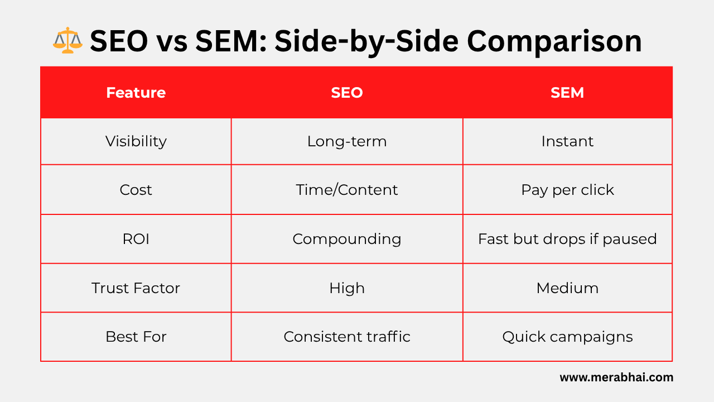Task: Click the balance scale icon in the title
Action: (67, 40)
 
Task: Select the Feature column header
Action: (136, 93)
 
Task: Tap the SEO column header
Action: (346, 93)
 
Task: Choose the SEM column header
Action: (567, 93)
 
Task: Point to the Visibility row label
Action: (136, 141)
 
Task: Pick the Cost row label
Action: (136, 190)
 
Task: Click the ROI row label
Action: (136, 239)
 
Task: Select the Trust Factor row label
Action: (136, 288)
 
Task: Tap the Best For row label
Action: (136, 337)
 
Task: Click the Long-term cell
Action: (346, 141)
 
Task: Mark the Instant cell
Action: (567, 141)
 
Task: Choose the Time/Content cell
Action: (346, 190)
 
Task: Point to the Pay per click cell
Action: (567, 190)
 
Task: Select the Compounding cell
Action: (346, 239)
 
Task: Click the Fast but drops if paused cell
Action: (567, 239)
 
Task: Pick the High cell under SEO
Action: (346, 288)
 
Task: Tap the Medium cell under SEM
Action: (567, 288)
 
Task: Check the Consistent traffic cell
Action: (346, 337)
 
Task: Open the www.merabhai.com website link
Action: (616, 377)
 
